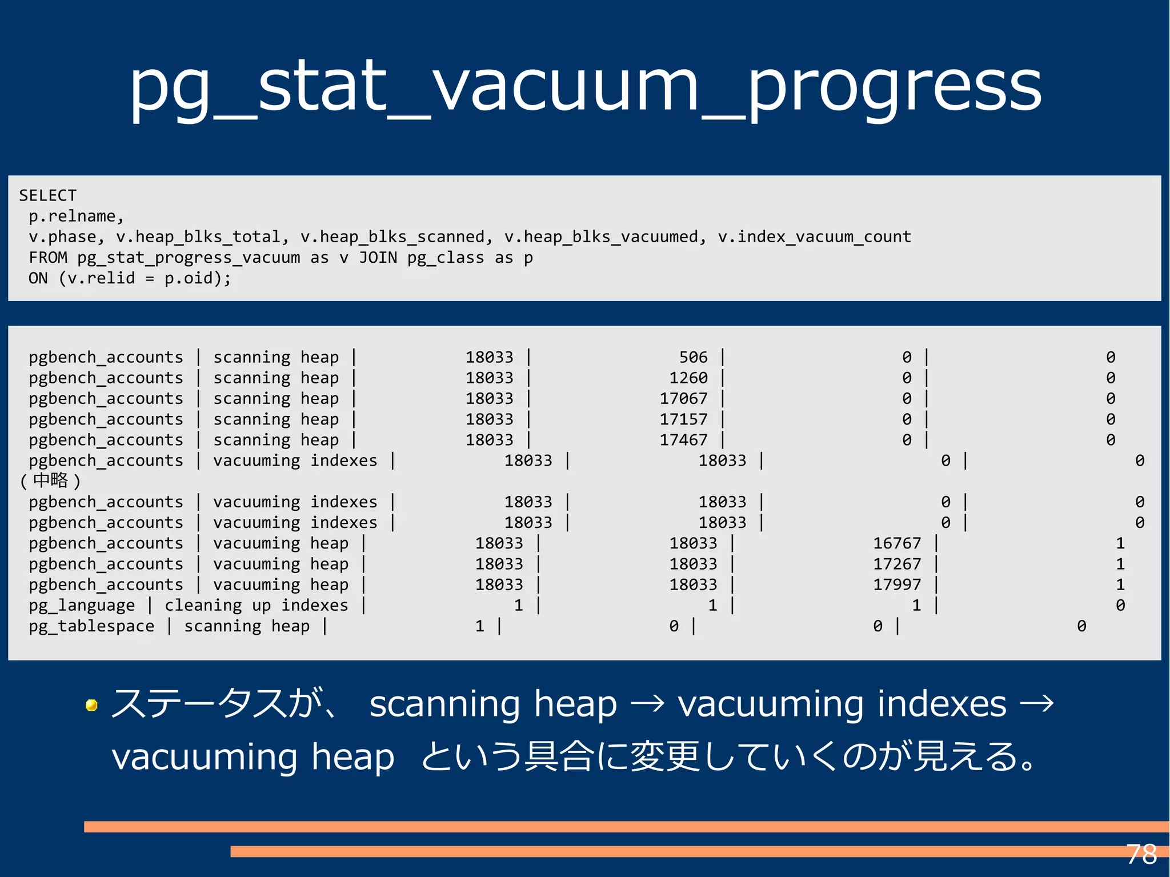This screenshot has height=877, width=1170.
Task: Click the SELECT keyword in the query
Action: tap(47, 195)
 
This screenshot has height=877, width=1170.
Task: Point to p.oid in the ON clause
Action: tap(193, 278)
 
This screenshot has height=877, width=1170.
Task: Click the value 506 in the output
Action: tap(693, 357)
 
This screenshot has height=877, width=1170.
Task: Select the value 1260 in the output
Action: tap(688, 378)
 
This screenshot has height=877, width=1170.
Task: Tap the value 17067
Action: tap(683, 398)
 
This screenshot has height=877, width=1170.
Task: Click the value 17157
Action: tap(683, 419)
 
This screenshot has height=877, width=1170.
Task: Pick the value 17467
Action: tap(683, 440)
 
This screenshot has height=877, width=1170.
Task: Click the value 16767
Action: tap(896, 543)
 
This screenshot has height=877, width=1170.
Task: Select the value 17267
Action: tap(896, 564)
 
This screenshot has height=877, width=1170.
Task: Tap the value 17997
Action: tap(896, 584)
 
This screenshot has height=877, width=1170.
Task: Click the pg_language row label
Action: tap(82, 606)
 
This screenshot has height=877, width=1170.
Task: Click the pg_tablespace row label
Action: tap(91, 626)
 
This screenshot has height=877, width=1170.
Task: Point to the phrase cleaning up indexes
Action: tap(256, 605)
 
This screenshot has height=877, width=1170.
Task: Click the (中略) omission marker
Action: tap(50, 481)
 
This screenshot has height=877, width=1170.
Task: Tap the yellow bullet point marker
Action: tap(91, 706)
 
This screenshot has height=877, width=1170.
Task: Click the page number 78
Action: tap(1141, 855)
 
